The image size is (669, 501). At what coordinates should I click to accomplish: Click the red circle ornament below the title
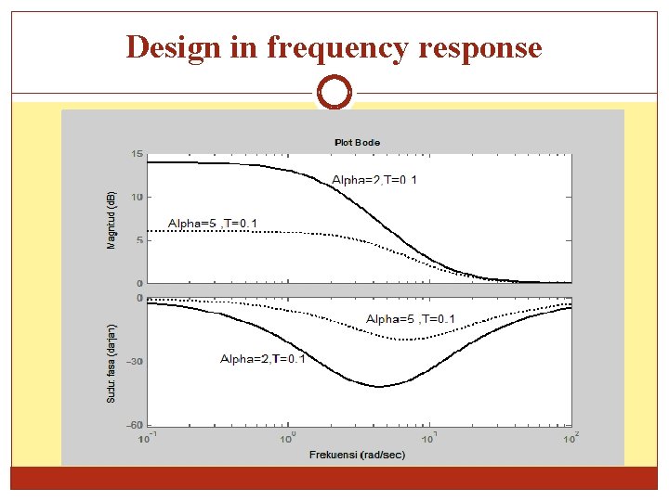[334, 93]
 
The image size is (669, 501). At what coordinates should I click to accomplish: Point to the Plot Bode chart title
[357, 142]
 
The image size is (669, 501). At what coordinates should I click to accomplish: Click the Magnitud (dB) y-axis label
[111, 221]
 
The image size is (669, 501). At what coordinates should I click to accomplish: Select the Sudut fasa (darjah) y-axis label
[111, 363]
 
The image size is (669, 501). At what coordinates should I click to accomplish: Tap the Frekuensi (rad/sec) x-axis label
[357, 455]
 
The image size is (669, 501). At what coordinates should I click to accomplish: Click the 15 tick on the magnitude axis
[138, 154]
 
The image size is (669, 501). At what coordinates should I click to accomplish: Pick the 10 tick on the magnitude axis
[138, 197]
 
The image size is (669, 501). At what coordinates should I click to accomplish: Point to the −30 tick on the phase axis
[135, 362]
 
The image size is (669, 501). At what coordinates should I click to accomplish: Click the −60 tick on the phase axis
[135, 425]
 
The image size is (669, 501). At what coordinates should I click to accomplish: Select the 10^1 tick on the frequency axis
[429, 436]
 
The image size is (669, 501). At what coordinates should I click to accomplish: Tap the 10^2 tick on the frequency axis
[571, 436]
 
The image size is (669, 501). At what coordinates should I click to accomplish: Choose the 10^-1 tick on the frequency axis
[148, 436]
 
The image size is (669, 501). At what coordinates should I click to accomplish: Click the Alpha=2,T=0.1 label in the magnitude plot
[374, 179]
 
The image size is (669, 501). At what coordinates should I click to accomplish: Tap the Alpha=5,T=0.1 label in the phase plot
[410, 318]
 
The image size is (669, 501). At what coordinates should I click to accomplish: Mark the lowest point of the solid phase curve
[379, 386]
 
